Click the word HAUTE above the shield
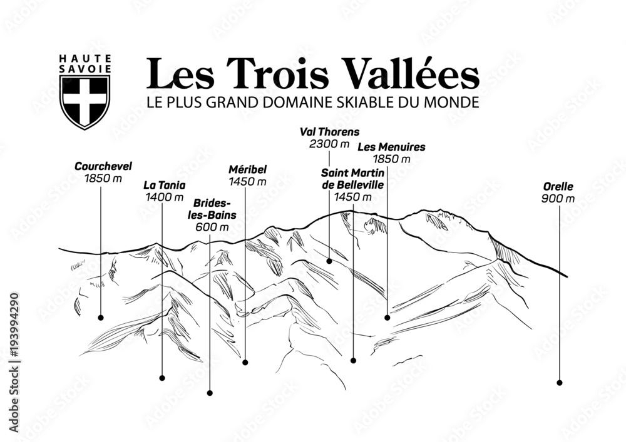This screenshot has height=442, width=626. pos(85,59)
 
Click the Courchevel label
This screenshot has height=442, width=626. pos(103,166)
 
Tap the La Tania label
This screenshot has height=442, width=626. pos(165,185)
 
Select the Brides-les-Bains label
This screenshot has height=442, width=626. pos(214,209)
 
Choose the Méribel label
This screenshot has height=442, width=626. pos(247,169)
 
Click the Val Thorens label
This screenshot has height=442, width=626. pos(329,131)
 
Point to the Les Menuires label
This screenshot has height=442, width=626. pos(391,147)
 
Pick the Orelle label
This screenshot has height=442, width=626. pos(558,186)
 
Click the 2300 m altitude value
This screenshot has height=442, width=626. pos(329,144)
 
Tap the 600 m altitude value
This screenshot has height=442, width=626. pos(212,227)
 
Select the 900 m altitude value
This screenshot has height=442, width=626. pos(558,198)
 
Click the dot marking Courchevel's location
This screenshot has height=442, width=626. pos(101,317)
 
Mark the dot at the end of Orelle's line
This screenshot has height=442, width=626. pos(559,383)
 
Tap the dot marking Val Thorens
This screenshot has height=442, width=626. pos(329,261)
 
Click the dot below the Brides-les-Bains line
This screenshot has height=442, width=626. pos(210,393)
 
